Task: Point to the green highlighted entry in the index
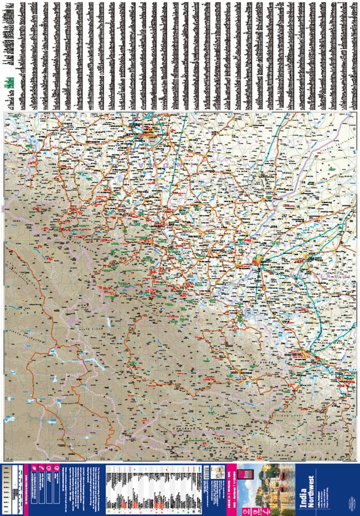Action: [x=8, y=83]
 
